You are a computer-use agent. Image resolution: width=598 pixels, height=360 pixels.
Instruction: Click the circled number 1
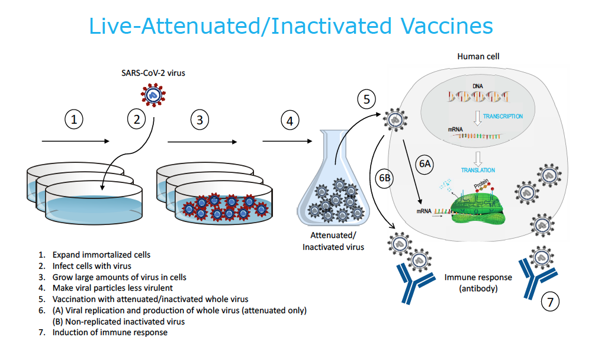click(x=73, y=120)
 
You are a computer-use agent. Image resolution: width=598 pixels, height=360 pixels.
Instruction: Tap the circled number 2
click(x=137, y=120)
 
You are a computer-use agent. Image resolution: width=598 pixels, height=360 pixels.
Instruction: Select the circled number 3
click(x=200, y=120)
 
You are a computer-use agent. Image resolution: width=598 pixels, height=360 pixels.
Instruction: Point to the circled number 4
click(x=290, y=121)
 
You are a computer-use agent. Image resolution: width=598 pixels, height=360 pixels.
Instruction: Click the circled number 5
click(x=366, y=99)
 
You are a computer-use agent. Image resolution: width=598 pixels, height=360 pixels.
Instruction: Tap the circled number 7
click(x=550, y=303)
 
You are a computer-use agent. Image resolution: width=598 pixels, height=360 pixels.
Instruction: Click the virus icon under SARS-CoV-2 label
click(x=153, y=94)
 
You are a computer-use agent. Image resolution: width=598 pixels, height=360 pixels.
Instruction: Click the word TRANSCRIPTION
click(x=502, y=117)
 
